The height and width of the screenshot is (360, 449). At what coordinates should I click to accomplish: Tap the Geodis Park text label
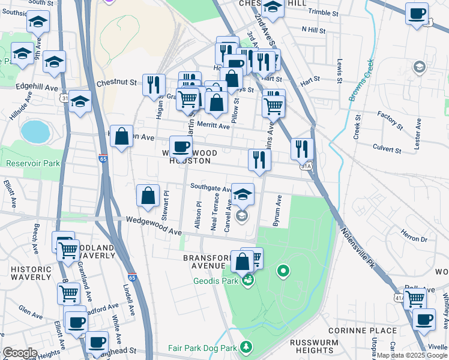tap(217, 280)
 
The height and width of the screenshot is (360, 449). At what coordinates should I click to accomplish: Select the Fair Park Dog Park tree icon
tap(246, 347)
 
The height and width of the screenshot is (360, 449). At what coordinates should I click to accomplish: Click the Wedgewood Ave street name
tap(153, 226)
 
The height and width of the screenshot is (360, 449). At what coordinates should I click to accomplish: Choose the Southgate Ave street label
tap(211, 188)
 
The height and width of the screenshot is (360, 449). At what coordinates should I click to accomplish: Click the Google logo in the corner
tap(20, 353)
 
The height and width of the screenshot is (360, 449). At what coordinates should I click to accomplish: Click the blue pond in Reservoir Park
tap(35, 131)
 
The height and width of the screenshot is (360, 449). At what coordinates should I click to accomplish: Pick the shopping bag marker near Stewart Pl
tap(148, 196)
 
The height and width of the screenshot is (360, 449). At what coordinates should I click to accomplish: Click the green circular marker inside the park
tap(284, 272)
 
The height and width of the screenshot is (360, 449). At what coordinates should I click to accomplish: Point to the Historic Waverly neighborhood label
tap(31, 273)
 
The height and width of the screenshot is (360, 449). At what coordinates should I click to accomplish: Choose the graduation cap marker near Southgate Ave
tap(243, 194)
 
